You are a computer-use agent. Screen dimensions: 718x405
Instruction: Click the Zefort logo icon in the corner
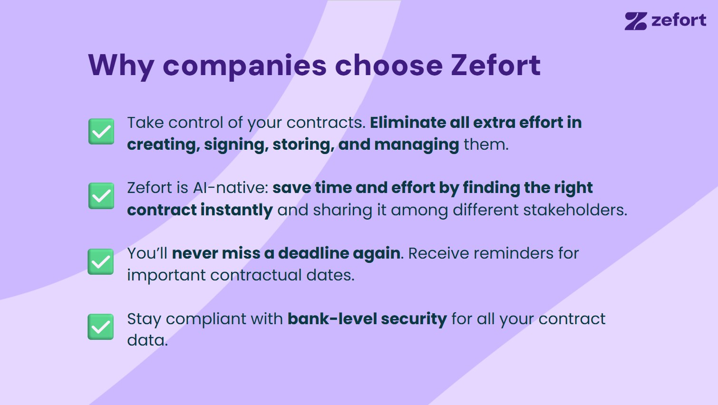pyautogui.click(x=636, y=21)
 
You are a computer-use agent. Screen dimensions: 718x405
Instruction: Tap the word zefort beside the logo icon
pyautogui.click(x=679, y=20)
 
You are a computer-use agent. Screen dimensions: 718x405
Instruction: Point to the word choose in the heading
pyautogui.click(x=389, y=65)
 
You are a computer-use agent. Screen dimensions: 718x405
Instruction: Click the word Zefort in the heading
pyautogui.click(x=496, y=65)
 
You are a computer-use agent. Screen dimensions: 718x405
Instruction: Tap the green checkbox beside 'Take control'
pyautogui.click(x=101, y=131)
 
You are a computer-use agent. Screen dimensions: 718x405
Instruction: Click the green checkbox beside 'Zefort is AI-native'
pyautogui.click(x=101, y=196)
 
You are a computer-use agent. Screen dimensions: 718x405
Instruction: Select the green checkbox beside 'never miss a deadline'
pyautogui.click(x=101, y=262)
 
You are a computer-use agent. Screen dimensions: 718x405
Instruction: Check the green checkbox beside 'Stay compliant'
pyautogui.click(x=101, y=327)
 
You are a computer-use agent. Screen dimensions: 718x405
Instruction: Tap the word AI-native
pyautogui.click(x=231, y=188)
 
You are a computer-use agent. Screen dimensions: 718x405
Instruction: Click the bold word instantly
pyautogui.click(x=237, y=211)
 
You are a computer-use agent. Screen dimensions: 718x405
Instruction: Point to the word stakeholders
pyautogui.click(x=575, y=210)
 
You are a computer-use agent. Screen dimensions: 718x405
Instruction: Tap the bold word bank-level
pyautogui.click(x=332, y=318)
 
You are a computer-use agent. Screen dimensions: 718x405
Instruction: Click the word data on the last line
pyautogui.click(x=147, y=340)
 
